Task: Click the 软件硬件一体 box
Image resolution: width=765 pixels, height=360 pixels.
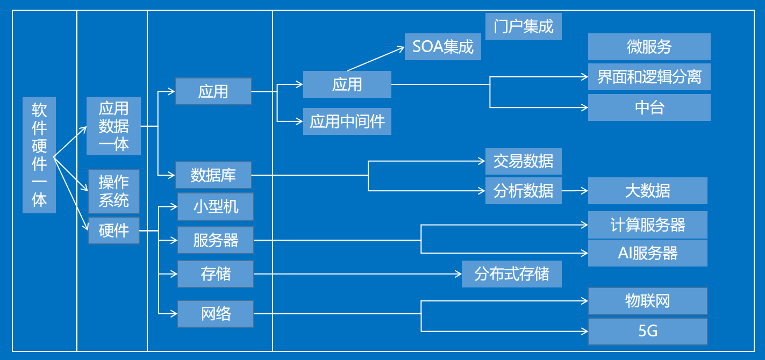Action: click(39, 155)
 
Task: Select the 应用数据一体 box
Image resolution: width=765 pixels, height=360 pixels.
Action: click(114, 126)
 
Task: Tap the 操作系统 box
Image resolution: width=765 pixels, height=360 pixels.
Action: click(114, 191)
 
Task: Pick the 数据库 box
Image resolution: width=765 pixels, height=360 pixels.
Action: click(213, 175)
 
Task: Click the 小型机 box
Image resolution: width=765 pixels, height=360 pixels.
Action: click(216, 207)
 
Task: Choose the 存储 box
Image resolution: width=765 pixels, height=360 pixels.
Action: click(216, 274)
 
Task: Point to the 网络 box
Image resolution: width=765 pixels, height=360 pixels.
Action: click(216, 314)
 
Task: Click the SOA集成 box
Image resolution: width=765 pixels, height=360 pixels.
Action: click(443, 47)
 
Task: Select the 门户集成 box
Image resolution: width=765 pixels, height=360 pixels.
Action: click(523, 26)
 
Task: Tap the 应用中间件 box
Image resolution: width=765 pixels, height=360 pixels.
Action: click(347, 121)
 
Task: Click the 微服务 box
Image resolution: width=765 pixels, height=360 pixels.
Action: click(649, 47)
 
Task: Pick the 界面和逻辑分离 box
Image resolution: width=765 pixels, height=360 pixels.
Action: click(649, 77)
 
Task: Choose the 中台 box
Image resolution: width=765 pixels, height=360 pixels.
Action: click(649, 107)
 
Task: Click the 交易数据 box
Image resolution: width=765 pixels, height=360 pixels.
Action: click(523, 161)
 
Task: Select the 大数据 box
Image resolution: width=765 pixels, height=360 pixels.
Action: click(647, 191)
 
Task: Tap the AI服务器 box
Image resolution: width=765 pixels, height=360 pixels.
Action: click(647, 253)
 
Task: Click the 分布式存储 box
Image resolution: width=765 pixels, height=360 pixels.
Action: click(512, 274)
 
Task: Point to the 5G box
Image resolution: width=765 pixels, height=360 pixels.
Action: click(647, 331)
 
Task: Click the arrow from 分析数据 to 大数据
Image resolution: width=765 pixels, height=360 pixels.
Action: click(575, 191)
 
